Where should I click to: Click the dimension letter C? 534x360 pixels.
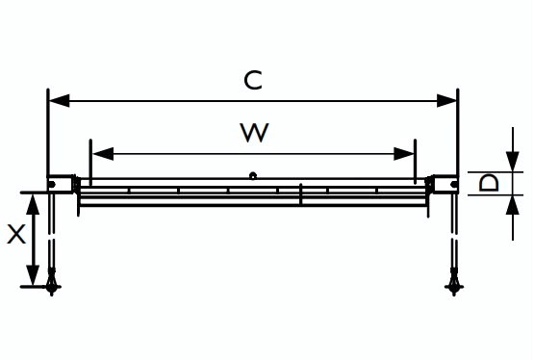253,81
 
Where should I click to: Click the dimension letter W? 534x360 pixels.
254,133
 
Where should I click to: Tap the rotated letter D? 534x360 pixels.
489,183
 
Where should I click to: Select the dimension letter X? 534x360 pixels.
16,235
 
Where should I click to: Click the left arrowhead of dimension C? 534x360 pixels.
60,101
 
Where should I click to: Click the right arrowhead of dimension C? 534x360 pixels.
446,101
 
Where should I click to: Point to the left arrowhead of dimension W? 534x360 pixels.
103,154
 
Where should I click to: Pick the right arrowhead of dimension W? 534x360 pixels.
404,154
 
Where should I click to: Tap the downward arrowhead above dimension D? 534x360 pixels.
513,162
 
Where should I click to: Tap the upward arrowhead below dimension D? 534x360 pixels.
513,205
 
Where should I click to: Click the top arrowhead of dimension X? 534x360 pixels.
33,204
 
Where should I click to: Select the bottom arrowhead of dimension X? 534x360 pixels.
33,275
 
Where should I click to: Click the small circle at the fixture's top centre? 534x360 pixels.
253,176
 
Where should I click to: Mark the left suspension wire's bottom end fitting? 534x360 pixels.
52,282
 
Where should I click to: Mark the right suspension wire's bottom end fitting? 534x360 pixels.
454,282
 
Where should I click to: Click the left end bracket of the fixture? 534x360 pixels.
61,184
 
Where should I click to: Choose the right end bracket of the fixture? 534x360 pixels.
445,184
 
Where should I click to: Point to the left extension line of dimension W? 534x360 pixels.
90,162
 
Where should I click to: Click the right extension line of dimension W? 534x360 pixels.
415,162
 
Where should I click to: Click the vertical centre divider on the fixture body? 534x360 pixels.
301,194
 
